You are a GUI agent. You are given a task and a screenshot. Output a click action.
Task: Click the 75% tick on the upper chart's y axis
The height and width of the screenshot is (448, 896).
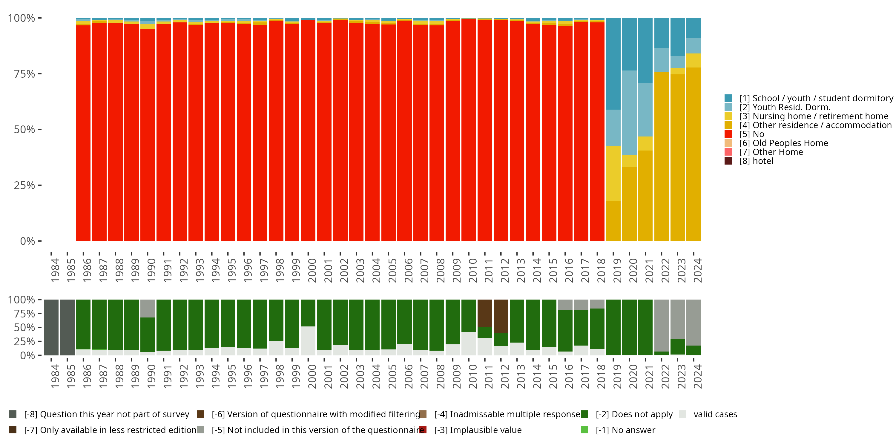pos(24,74)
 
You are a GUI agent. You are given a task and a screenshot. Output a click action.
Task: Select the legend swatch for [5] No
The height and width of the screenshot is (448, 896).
pos(728,134)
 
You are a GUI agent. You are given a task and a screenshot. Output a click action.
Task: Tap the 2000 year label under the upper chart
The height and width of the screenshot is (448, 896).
pos(312,270)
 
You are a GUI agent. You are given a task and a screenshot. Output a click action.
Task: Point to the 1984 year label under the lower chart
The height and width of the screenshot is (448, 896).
pos(55,377)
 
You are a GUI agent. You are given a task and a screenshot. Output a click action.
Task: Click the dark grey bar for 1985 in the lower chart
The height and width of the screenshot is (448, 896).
pos(67,327)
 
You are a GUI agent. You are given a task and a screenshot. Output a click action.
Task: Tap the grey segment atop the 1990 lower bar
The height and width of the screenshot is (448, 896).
pos(148,308)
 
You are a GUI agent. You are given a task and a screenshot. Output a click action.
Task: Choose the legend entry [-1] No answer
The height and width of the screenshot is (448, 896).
pos(625,430)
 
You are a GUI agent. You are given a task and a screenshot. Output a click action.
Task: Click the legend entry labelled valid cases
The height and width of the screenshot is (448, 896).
pos(715,414)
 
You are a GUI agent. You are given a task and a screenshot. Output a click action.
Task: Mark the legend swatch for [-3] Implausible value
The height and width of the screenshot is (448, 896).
pos(423,430)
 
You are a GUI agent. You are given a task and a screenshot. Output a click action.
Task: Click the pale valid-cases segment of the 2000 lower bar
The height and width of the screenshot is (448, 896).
pos(308,340)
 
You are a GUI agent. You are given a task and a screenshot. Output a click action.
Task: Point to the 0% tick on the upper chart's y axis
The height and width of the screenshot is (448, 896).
pos(27,241)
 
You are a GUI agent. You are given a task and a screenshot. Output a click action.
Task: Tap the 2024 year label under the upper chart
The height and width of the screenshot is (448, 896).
pos(697,270)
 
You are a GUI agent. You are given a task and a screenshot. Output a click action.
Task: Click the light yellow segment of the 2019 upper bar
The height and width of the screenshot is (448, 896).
pos(613,174)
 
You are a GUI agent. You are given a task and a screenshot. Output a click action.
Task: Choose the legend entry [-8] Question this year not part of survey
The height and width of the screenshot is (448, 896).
pos(106,414)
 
